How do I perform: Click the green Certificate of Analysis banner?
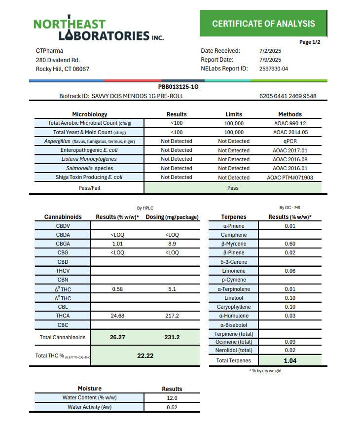(x=263, y=23)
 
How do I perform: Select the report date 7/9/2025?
(x=270, y=60)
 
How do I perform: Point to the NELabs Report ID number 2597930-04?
(x=273, y=69)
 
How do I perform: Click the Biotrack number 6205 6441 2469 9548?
(x=288, y=96)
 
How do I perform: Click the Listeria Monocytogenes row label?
(x=89, y=159)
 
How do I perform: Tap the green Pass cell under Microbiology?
(x=233, y=188)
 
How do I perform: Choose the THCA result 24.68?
(x=117, y=316)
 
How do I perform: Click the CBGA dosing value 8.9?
(x=172, y=244)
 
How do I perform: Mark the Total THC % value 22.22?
(x=145, y=356)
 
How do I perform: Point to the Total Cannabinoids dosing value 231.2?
(x=172, y=338)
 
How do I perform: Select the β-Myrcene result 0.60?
(x=289, y=244)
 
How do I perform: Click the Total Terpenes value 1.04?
(x=289, y=360)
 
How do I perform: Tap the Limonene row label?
(x=233, y=271)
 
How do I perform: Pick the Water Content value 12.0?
(x=172, y=398)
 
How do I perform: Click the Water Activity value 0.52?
(x=172, y=407)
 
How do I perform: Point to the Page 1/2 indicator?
(x=310, y=42)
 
